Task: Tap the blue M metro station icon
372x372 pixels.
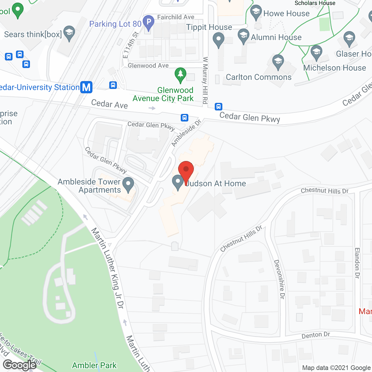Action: click(86, 87)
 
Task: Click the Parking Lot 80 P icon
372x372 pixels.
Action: click(149, 22)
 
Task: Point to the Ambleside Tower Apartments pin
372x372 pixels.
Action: click(128, 184)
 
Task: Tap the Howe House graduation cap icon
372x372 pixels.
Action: click(256, 12)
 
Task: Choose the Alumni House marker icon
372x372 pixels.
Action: click(244, 36)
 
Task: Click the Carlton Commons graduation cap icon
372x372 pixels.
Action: click(278, 62)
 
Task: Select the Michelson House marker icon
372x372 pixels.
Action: click(316, 52)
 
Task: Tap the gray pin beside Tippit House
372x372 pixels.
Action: click(219, 40)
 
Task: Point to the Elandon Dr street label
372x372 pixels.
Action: click(357, 263)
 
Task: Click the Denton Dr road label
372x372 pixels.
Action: click(316, 335)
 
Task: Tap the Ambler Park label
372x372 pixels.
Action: click(94, 365)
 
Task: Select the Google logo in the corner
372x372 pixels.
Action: click(20, 365)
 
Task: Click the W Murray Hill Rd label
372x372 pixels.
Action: click(205, 81)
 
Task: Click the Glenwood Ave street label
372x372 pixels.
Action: click(148, 66)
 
